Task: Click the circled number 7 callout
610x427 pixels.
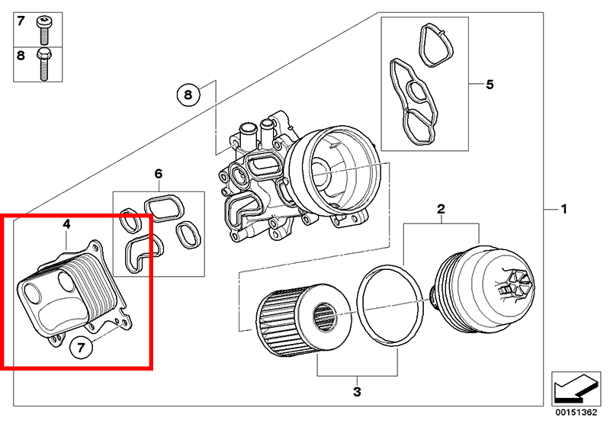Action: coord(83,348)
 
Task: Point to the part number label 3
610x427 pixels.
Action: coord(357,393)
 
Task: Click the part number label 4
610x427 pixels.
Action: coord(67,224)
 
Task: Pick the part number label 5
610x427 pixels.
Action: coord(490,83)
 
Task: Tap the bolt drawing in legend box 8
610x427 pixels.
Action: coord(43,64)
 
